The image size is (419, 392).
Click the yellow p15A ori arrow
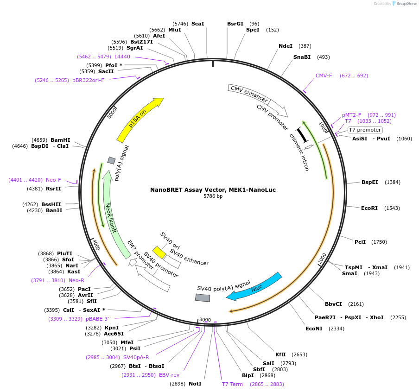click(x=140, y=120)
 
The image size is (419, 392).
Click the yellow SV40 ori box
click(x=159, y=252)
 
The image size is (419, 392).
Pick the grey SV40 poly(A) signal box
click(x=203, y=298)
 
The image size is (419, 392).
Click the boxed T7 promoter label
click(x=365, y=130)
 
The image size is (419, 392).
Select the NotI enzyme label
click(x=195, y=384)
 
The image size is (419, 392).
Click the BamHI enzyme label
click(x=60, y=140)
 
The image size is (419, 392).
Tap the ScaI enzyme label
click(x=197, y=24)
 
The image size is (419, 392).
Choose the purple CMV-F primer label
click(x=324, y=76)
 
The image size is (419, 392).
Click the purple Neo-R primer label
click(x=76, y=280)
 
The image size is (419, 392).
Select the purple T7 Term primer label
click(x=232, y=384)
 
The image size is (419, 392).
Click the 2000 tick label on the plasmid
click(x=322, y=259)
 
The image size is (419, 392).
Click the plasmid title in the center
click(x=213, y=190)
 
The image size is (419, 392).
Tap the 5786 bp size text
click(x=213, y=196)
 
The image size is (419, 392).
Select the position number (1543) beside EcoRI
click(x=392, y=208)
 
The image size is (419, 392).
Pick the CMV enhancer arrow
click(x=249, y=94)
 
